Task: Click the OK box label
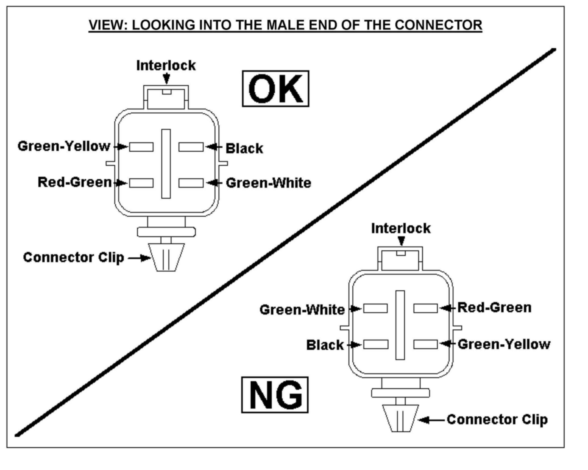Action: click(x=275, y=89)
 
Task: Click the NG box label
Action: click(x=275, y=395)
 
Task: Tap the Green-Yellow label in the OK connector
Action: click(x=64, y=146)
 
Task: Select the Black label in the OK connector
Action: click(x=244, y=148)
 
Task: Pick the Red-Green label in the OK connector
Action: click(x=75, y=182)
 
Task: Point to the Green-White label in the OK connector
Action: click(x=268, y=183)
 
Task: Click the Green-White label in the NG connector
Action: click(x=302, y=310)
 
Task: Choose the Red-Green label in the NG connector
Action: click(x=494, y=308)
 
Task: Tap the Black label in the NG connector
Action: click(x=325, y=345)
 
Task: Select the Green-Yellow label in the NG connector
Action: click(x=504, y=344)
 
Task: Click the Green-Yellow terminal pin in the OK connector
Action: click(x=141, y=147)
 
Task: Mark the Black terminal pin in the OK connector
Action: click(x=191, y=147)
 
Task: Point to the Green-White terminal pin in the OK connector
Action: click(x=191, y=183)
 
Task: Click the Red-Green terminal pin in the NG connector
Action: click(x=426, y=308)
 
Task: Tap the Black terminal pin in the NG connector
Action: click(x=375, y=344)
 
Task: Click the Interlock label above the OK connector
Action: click(x=166, y=66)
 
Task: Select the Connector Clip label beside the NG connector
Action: click(x=497, y=420)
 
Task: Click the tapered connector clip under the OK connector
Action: click(x=167, y=257)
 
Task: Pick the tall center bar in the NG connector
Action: click(x=400, y=325)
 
